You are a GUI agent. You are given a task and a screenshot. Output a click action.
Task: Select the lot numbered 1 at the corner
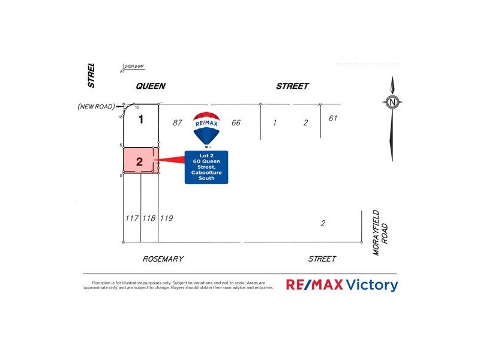click(141, 119)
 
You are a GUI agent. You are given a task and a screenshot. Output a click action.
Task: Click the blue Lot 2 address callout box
click(206, 167)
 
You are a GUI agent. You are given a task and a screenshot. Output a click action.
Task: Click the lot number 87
click(176, 123)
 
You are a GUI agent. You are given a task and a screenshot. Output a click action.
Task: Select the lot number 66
click(236, 123)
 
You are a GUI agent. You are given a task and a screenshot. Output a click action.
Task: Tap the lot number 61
click(333, 118)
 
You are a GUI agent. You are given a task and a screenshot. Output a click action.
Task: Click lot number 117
click(132, 218)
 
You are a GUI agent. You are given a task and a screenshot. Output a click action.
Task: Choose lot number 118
click(149, 218)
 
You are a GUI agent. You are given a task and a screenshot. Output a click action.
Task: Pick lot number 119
click(166, 218)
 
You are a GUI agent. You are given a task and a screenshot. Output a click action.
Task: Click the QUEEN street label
click(151, 86)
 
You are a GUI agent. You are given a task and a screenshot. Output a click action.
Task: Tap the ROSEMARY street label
click(163, 259)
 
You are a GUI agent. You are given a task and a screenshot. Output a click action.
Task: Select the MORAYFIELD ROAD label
click(380, 232)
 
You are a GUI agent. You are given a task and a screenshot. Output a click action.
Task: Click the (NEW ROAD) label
click(96, 106)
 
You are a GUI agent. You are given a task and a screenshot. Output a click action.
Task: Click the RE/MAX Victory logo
click(341, 284)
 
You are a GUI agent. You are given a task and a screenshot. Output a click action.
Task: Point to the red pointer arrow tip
click(157, 160)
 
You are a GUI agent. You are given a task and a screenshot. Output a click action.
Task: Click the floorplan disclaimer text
click(178, 285)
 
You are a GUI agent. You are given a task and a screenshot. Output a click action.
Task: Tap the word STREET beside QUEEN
click(292, 86)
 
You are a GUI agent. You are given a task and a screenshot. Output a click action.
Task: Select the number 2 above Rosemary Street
click(323, 224)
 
